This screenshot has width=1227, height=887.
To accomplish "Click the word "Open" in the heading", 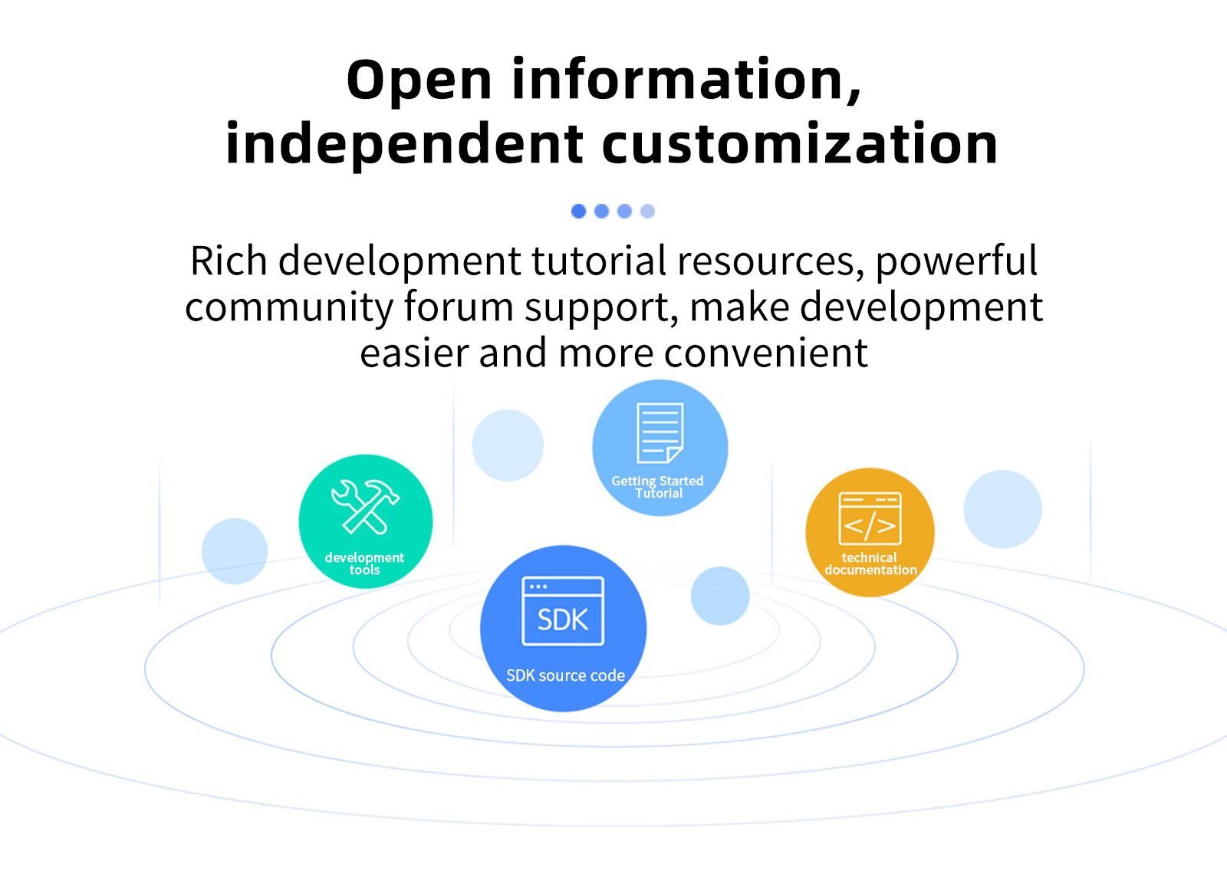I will pyautogui.click(x=419, y=81).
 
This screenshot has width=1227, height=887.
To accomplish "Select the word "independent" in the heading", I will pyautogui.click(x=404, y=144).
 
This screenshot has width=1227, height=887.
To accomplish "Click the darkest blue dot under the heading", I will pyautogui.click(x=579, y=211).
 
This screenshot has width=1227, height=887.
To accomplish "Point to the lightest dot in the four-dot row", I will pyautogui.click(x=648, y=211).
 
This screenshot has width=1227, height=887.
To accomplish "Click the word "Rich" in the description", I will pyautogui.click(x=228, y=261).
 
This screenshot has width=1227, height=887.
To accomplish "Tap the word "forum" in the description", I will pyautogui.click(x=459, y=307).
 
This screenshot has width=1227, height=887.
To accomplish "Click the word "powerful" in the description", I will pyautogui.click(x=956, y=261).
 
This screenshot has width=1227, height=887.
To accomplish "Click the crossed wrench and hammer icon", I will pyautogui.click(x=365, y=506).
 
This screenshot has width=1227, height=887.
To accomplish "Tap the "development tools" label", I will pyautogui.click(x=364, y=563).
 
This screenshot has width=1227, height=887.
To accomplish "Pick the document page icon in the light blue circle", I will pyautogui.click(x=660, y=433).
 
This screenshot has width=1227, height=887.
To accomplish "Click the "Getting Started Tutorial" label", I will pyautogui.click(x=658, y=487).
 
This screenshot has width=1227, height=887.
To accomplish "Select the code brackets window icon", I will pyautogui.click(x=870, y=518).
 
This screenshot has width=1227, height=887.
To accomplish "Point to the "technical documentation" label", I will pyautogui.click(x=870, y=563).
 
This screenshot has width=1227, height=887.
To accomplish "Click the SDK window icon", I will pyautogui.click(x=563, y=611).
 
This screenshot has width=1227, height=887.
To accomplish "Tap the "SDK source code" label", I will pyautogui.click(x=565, y=675).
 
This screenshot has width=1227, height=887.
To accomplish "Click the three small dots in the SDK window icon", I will pyautogui.click(x=538, y=586).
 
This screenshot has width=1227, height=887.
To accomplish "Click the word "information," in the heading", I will pyautogui.click(x=686, y=81).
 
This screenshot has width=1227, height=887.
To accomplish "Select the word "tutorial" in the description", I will pyautogui.click(x=599, y=261).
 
